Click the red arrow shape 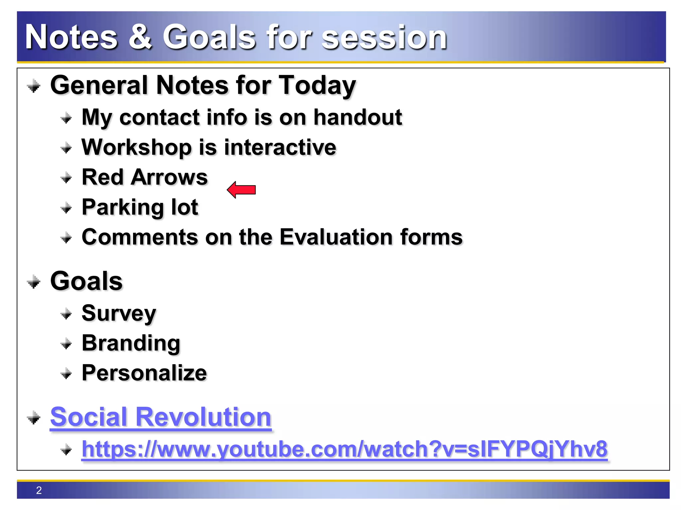pyautogui.click(x=241, y=190)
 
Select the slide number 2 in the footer pyautogui.click(x=39, y=490)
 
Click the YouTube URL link pyautogui.click(x=344, y=449)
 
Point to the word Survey pyautogui.click(x=119, y=313)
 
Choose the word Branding pyautogui.click(x=131, y=343)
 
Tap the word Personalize pyautogui.click(x=144, y=373)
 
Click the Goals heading pyautogui.click(x=86, y=281)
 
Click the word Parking pyautogui.click(x=123, y=207)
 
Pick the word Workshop pyautogui.click(x=137, y=147)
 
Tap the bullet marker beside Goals pyautogui.click(x=34, y=283)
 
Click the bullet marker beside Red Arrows pyautogui.click(x=66, y=178)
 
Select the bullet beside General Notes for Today pyautogui.click(x=34, y=87)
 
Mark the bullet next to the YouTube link pyautogui.click(x=66, y=450)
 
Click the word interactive pyautogui.click(x=280, y=147)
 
